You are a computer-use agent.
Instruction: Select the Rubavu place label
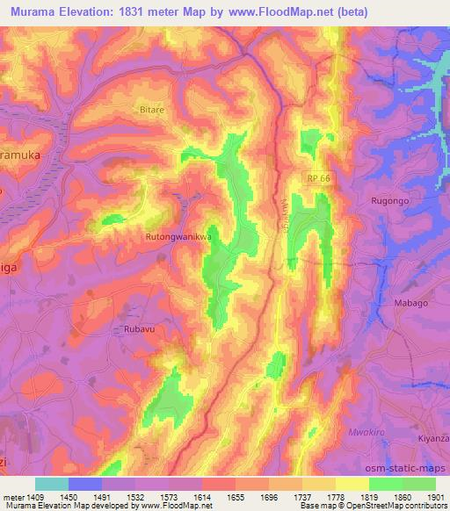tap(128, 330)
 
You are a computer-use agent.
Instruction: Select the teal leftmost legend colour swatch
tap(52, 484)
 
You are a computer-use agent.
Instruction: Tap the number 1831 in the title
tap(134, 12)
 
